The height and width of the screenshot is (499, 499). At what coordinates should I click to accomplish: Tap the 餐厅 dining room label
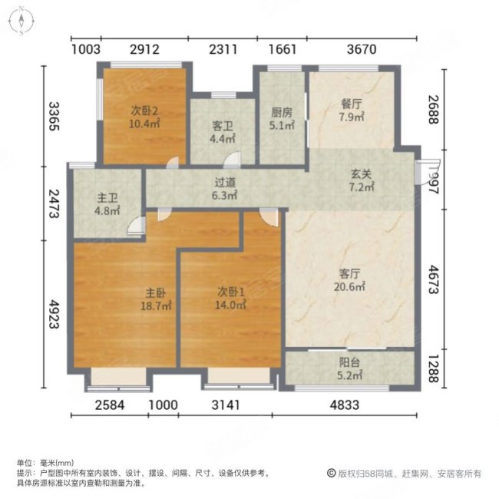[x=351, y=107]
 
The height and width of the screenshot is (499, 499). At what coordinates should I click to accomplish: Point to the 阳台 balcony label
[x=351, y=365]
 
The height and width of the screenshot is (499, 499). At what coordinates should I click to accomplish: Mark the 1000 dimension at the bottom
[x=163, y=405]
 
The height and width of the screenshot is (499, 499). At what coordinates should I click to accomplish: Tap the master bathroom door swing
[x=136, y=224]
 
